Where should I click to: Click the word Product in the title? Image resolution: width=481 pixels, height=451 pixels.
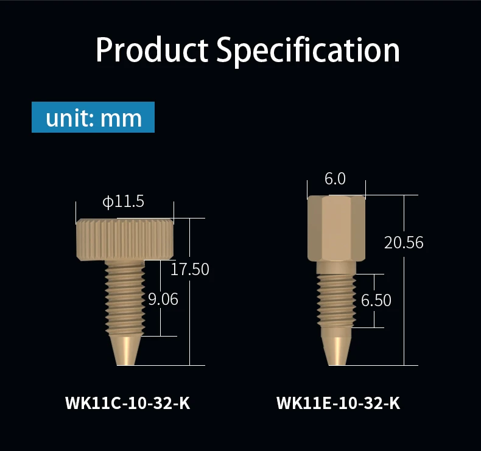pyautogui.click(x=152, y=51)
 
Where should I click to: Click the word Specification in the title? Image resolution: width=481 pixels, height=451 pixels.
pyautogui.click(x=309, y=51)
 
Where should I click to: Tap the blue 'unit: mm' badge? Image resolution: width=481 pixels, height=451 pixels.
pyautogui.click(x=93, y=117)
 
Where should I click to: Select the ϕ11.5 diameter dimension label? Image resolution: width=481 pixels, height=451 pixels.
pyautogui.click(x=123, y=201)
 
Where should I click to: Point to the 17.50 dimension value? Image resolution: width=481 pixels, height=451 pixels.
pyautogui.click(x=189, y=269)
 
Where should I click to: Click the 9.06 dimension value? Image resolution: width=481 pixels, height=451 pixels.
pyautogui.click(x=163, y=299)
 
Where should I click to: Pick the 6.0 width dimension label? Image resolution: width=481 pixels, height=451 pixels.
pyautogui.click(x=335, y=179)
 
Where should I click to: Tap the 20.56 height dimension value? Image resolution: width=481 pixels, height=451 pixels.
pyautogui.click(x=404, y=242)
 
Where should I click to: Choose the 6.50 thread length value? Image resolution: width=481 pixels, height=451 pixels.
pyautogui.click(x=376, y=300)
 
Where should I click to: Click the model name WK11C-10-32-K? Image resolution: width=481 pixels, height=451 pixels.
pyautogui.click(x=127, y=403)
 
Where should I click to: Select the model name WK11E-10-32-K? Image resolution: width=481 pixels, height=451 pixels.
pyautogui.click(x=339, y=403)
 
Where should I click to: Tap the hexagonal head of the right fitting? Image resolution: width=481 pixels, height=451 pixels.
pyautogui.click(x=337, y=228)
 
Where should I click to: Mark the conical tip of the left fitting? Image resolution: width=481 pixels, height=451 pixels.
pyautogui.click(x=125, y=350)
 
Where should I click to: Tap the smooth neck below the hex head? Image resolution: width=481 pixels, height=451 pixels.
pyautogui.click(x=336, y=267)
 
